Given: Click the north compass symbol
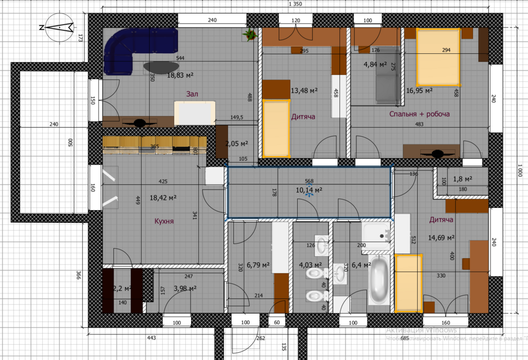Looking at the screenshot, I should (58, 27).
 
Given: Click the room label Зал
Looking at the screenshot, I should (192, 94).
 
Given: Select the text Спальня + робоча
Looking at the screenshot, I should (419, 114).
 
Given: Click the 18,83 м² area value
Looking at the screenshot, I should (181, 75).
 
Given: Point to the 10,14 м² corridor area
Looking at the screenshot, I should (309, 190).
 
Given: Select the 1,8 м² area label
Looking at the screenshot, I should (463, 179).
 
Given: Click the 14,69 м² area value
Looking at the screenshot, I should (441, 238).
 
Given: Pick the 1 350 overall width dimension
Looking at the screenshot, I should (295, 4).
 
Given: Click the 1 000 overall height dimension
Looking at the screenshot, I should (520, 172).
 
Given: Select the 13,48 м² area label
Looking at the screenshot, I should (304, 91).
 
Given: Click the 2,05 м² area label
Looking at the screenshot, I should (237, 143).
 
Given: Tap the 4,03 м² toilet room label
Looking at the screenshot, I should (310, 264).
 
